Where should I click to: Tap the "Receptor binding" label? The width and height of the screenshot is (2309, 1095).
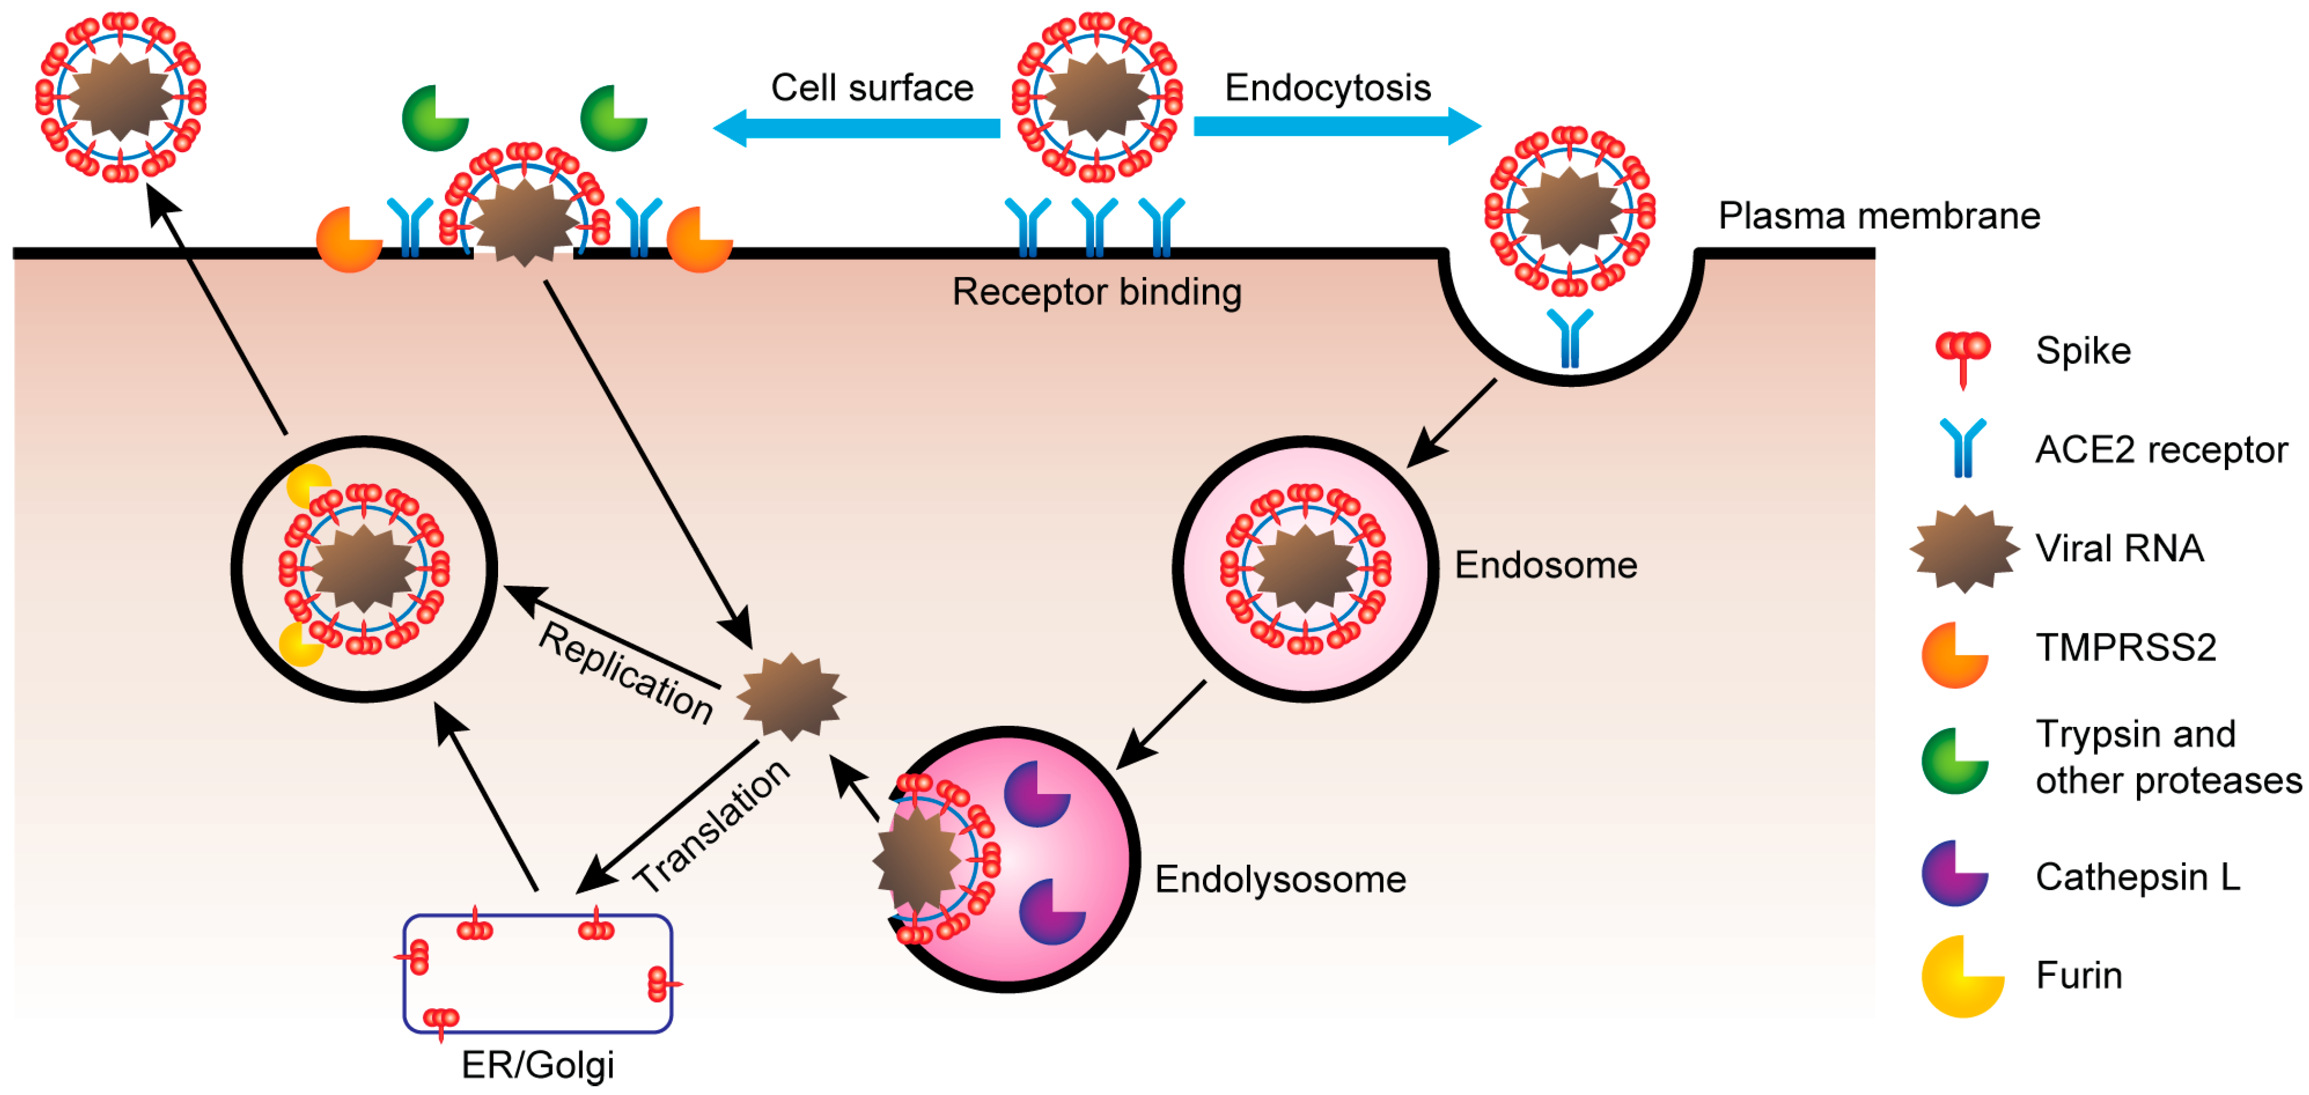tap(1096, 292)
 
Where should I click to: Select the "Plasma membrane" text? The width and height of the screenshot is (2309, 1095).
tap(1879, 216)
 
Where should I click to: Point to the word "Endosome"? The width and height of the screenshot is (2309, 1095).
tap(1545, 565)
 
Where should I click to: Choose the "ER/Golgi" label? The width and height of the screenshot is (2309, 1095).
tap(537, 1065)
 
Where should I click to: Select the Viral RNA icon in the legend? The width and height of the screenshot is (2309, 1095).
tap(1963, 548)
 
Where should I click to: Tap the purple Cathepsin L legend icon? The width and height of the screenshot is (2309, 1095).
tap(1954, 874)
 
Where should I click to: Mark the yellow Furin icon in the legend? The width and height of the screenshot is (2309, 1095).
tap(1960, 977)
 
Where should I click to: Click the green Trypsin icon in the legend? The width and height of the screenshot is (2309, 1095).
tap(1954, 761)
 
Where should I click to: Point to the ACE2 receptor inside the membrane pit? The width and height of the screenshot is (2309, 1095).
tap(1570, 338)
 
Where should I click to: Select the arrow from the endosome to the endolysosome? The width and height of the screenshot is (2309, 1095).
tap(1162, 724)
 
